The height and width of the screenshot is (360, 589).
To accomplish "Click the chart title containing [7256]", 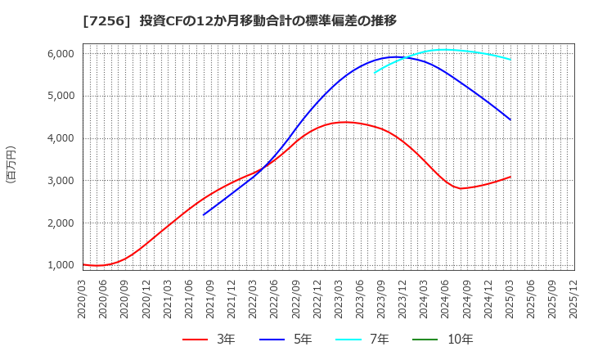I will point(239,20).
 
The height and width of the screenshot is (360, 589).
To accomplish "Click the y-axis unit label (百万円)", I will point(11,164).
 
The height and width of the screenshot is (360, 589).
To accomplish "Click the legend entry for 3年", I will point(210,340).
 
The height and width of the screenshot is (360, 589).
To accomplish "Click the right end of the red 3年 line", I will point(510,177).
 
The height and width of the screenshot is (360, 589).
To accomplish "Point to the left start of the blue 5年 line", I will point(204,214).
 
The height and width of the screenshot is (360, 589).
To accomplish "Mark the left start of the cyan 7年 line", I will point(374,73).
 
